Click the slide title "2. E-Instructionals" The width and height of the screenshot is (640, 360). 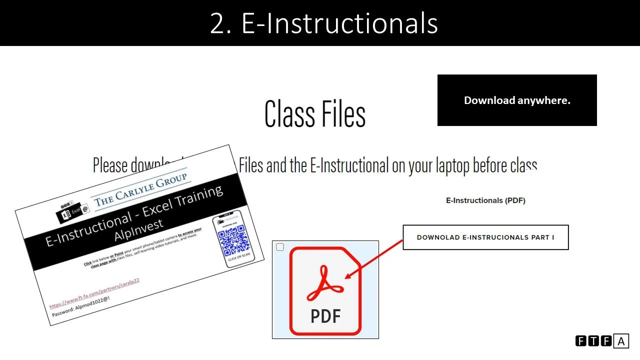pyautogui.click(x=323, y=23)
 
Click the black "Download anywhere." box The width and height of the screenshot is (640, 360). pyautogui.click(x=517, y=100)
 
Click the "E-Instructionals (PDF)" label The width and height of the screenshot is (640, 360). pyautogui.click(x=485, y=200)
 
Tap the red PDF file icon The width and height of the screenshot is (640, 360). pyautogui.click(x=325, y=290)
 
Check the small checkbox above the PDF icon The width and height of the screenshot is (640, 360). pyautogui.click(x=280, y=247)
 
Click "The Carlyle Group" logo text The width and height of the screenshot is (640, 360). pyautogui.click(x=140, y=188)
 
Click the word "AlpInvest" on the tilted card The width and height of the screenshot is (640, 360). pyautogui.click(x=139, y=230)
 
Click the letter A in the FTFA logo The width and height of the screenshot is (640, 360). pyautogui.click(x=621, y=341)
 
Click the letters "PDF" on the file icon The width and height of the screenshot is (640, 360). pyautogui.click(x=325, y=316)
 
